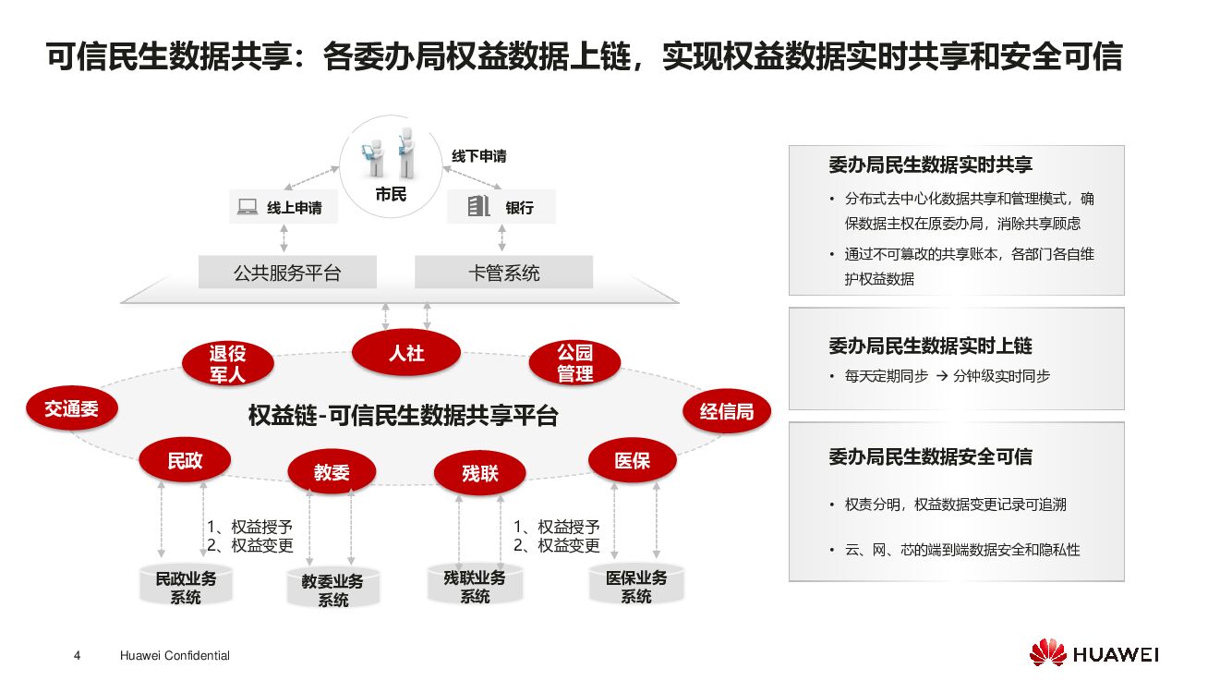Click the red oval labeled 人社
point(405,353)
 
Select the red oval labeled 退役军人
point(227,363)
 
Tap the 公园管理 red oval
point(574,363)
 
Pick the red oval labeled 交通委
point(71,407)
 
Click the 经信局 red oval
point(726,412)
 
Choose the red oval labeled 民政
point(185,461)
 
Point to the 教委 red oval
point(332,472)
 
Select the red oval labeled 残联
point(479,473)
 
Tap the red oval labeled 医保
point(632,460)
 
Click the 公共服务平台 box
point(287,273)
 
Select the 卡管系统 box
point(503,273)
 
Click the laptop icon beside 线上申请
point(248,208)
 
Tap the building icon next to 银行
point(477,206)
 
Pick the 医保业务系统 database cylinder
point(636,586)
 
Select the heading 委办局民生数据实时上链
point(930,346)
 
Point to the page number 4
point(77,656)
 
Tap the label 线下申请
point(478,156)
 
